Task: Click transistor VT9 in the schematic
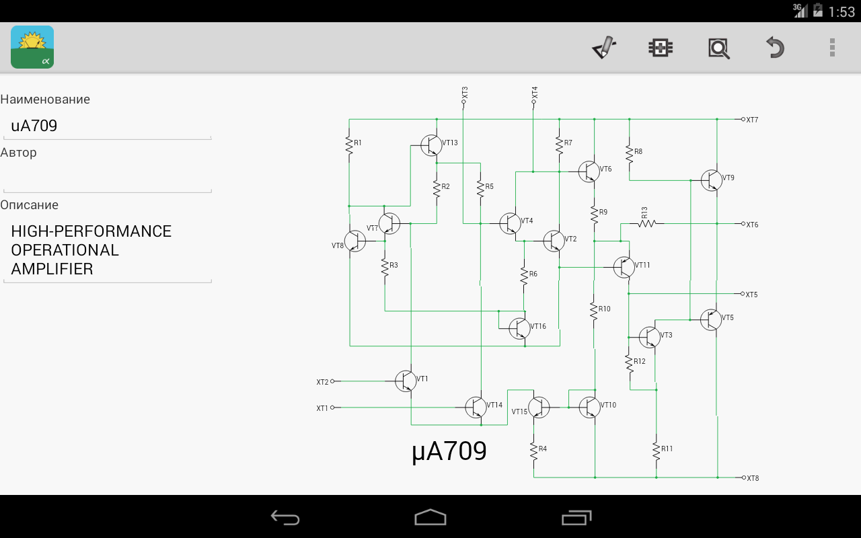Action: coord(711,180)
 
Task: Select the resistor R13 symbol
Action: coord(646,223)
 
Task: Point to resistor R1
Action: coord(349,145)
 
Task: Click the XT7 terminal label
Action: coord(752,120)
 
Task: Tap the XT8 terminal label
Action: coord(752,478)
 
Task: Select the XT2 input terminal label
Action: coord(322,382)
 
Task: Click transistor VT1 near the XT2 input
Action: coord(405,381)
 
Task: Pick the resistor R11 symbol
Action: coord(656,450)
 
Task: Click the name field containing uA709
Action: coord(108,126)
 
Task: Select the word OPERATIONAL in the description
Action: coord(65,250)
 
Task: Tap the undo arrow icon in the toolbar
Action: coord(775,48)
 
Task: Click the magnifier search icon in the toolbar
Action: coord(718,48)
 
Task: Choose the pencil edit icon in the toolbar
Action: coord(604,48)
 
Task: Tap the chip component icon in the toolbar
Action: coord(661,48)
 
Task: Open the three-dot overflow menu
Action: coord(832,48)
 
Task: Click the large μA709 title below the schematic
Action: coord(449,452)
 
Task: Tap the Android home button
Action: coord(430,517)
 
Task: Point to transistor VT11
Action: coord(624,267)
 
